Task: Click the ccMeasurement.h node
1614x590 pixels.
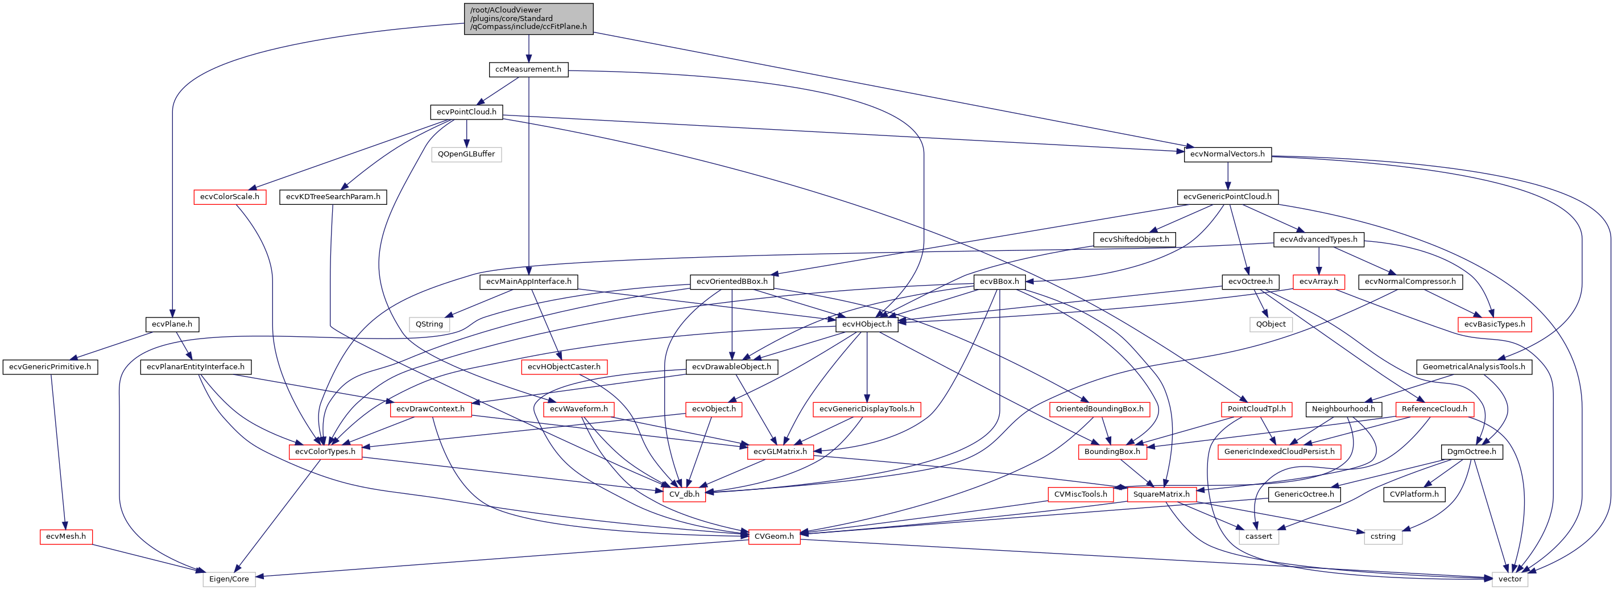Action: pos(528,69)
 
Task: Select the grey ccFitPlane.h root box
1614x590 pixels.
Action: pos(528,19)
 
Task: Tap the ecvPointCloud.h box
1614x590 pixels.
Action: pos(466,112)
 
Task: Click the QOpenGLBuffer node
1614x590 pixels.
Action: pos(466,154)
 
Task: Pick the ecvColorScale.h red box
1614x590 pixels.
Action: pos(229,197)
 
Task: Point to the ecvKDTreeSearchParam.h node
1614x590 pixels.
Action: pos(333,197)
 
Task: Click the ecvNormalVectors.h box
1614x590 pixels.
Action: pos(1227,154)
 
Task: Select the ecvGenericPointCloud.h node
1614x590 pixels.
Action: pos(1227,197)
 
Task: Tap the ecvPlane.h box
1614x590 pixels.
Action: pos(172,324)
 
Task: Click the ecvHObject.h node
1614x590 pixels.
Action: pos(867,324)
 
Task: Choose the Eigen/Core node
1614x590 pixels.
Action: pos(229,579)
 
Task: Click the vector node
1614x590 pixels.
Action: pos(1509,579)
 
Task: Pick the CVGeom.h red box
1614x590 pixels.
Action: pos(774,537)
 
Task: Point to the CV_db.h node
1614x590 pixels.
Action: pos(684,494)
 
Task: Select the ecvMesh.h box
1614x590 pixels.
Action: pos(66,537)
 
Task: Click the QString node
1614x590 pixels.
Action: pos(429,324)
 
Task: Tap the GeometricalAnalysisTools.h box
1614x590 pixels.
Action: pos(1473,367)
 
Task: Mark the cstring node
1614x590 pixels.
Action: pos(1383,537)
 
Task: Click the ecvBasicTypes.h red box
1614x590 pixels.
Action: pos(1495,324)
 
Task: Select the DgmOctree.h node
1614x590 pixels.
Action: pos(1471,451)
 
